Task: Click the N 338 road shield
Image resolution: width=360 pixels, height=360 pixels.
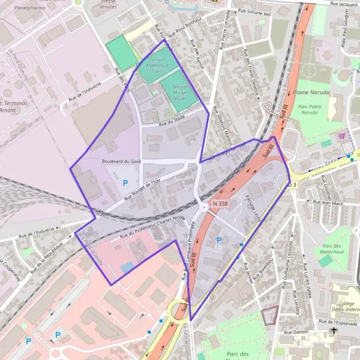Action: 220,204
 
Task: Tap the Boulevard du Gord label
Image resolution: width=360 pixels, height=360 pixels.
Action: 121,161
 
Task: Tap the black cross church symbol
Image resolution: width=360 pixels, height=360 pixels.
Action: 334,331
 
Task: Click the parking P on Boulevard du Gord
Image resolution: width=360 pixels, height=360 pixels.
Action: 125,182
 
